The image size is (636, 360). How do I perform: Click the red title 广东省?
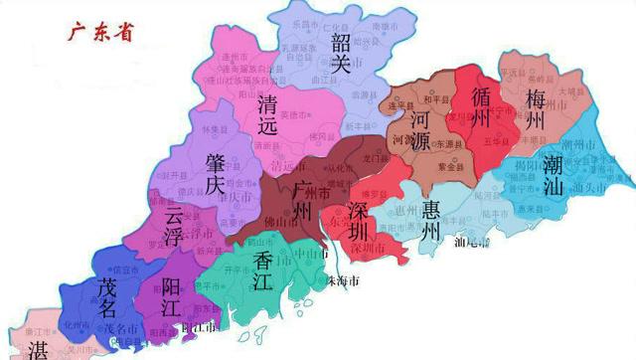[x=99, y=32]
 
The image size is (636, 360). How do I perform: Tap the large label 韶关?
[x=341, y=53]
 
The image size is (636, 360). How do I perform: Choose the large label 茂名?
[x=110, y=296]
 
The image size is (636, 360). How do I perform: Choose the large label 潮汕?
[x=556, y=175]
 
